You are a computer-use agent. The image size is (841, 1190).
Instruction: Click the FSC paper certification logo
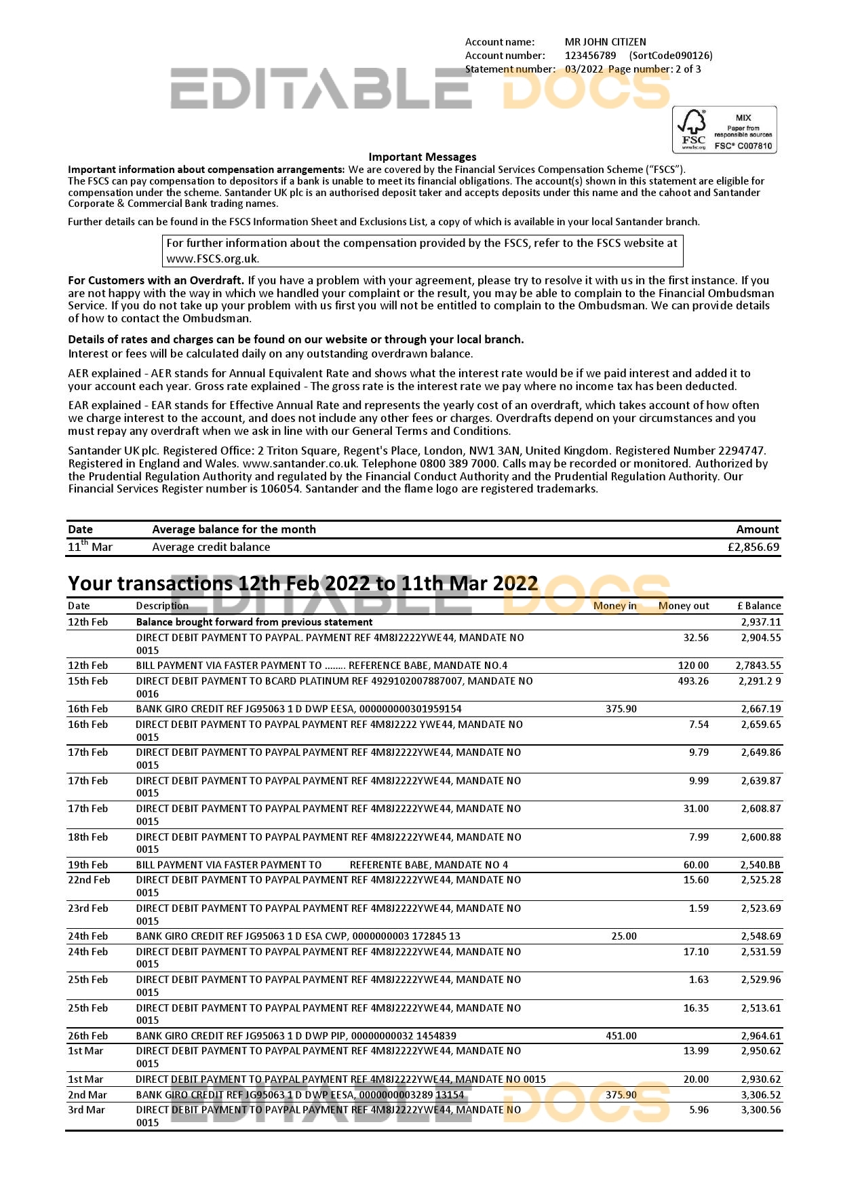pyautogui.click(x=724, y=130)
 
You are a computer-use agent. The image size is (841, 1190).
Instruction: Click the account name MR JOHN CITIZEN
pyautogui.click(x=605, y=42)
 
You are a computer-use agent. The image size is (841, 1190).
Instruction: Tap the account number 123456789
pyautogui.click(x=590, y=56)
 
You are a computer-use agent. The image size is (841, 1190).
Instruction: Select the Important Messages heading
pyautogui.click(x=422, y=157)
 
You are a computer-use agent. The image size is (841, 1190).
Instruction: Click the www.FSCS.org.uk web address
pyautogui.click(x=212, y=258)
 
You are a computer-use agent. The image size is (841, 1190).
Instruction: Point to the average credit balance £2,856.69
pyautogui.click(x=753, y=547)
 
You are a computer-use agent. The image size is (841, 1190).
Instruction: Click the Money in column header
pyautogui.click(x=614, y=606)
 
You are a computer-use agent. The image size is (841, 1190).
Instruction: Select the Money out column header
pyautogui.click(x=683, y=606)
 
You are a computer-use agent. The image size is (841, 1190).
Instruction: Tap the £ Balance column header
pyautogui.click(x=758, y=606)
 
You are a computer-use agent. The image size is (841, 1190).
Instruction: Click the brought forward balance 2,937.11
pyautogui.click(x=760, y=622)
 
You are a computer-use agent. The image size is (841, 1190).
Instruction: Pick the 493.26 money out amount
pyautogui.click(x=692, y=681)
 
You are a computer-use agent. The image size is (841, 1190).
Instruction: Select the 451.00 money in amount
pyautogui.click(x=621, y=1036)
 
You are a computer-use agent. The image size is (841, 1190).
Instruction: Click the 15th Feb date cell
pyautogui.click(x=87, y=681)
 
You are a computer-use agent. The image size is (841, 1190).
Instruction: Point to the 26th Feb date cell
pyautogui.click(x=87, y=1036)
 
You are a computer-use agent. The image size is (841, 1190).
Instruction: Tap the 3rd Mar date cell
pyautogui.click(x=86, y=1110)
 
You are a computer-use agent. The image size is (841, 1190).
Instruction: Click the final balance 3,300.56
pyautogui.click(x=760, y=1110)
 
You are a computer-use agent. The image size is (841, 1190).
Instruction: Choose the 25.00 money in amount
pyautogui.click(x=623, y=936)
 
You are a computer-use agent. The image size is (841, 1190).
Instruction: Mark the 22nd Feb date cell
pyautogui.click(x=89, y=880)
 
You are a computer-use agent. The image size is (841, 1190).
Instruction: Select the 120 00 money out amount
pyautogui.click(x=692, y=666)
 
